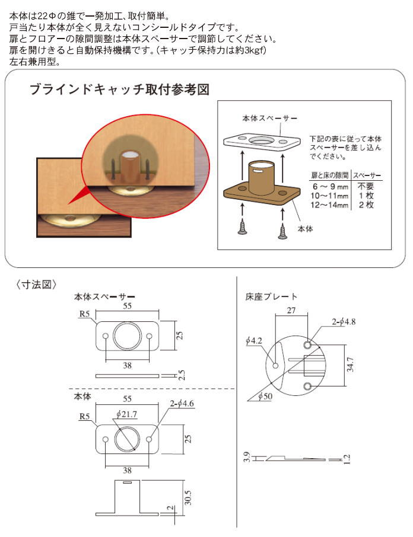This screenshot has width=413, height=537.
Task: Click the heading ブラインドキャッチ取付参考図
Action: (119, 89)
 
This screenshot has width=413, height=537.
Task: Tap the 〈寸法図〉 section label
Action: (36, 285)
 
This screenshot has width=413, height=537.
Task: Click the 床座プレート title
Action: (271, 296)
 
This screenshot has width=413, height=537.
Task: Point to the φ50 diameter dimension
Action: (265, 397)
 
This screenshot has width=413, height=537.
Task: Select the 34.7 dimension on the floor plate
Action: (350, 365)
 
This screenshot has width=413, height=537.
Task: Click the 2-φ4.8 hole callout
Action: (344, 322)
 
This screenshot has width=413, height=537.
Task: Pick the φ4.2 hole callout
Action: (253, 340)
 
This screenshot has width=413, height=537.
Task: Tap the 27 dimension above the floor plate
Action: (291, 310)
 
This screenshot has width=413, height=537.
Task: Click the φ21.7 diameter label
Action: (126, 414)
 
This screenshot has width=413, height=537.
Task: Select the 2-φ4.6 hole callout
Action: (182, 404)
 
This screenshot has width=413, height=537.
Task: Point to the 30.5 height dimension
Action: (188, 497)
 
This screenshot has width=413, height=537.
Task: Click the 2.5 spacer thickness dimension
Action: (182, 375)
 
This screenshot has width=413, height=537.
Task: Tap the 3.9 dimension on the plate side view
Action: (247, 457)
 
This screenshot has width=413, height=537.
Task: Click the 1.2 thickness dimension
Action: (347, 459)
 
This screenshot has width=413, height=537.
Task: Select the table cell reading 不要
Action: (366, 186)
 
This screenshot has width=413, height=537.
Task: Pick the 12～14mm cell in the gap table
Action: (329, 205)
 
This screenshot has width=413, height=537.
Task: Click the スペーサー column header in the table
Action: (367, 175)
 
